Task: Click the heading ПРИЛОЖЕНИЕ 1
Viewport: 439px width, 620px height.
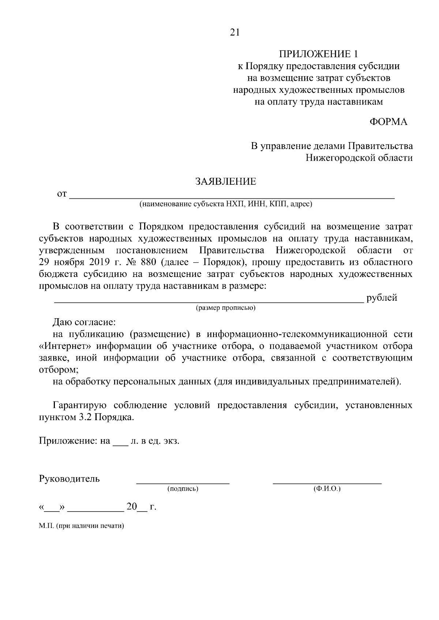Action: (x=318, y=54)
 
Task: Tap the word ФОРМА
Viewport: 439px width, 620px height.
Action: (x=389, y=122)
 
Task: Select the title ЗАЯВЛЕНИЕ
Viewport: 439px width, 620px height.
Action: (x=226, y=182)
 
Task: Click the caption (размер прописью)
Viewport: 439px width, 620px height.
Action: (x=225, y=308)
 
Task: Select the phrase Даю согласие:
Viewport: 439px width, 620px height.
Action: (x=84, y=322)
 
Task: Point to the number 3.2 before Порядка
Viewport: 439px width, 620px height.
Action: (x=86, y=417)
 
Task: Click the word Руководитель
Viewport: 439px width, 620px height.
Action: (x=69, y=479)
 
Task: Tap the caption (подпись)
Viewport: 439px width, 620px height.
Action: (x=183, y=488)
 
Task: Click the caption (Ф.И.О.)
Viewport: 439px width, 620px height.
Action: (x=327, y=488)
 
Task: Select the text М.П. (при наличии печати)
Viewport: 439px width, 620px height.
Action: (x=81, y=526)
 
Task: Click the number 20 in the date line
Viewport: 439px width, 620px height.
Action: (x=131, y=507)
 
